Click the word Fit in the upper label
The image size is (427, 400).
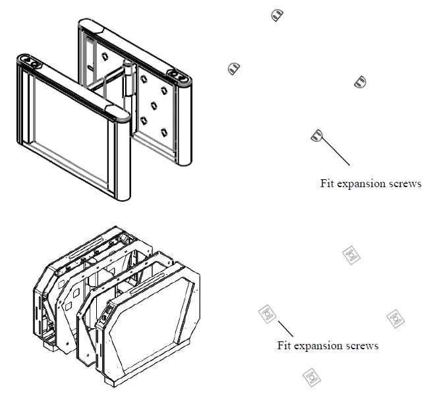(327, 184)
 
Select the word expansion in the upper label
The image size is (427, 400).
(363, 184)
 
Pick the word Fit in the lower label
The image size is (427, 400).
(285, 345)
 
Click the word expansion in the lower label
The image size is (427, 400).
(320, 345)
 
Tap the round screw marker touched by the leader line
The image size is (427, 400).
(316, 135)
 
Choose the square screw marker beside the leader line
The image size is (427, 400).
(267, 314)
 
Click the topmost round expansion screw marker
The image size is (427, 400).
(277, 14)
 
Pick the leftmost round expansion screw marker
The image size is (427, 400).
(233, 67)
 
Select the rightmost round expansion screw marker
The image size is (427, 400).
(360, 82)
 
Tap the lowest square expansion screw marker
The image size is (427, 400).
(310, 377)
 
